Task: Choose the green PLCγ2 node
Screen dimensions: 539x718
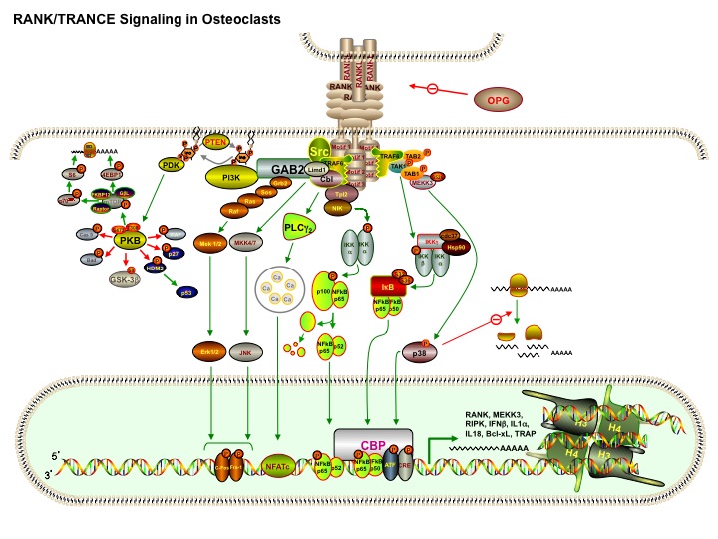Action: click(x=302, y=225)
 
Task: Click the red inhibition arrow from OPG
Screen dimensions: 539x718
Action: click(x=440, y=92)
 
